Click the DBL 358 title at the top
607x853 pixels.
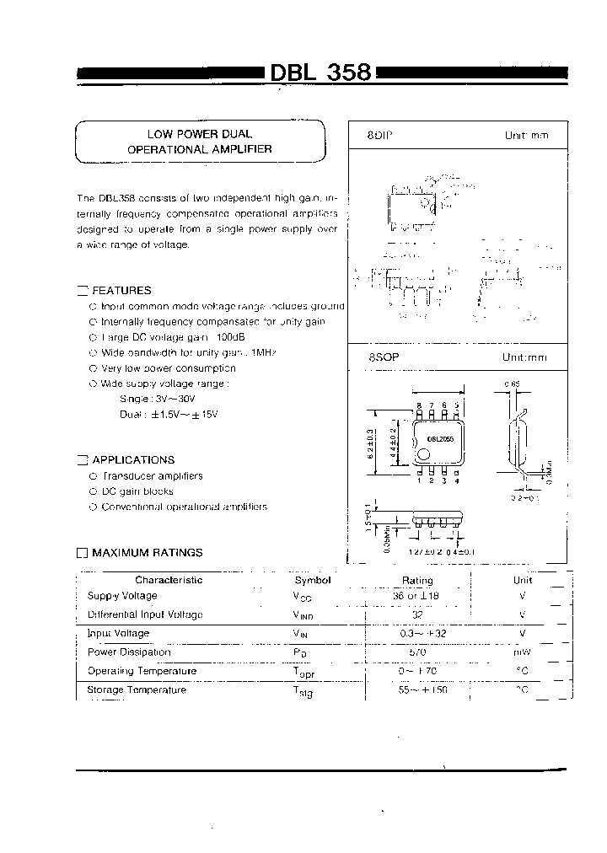pos(320,72)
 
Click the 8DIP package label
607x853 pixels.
pos(380,135)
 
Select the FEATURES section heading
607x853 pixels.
pos(121,290)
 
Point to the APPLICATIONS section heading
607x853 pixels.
pos(133,460)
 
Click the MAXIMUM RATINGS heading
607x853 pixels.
pos(147,553)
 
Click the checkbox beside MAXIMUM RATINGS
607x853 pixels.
pos(82,553)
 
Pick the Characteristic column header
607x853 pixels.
pos(169,580)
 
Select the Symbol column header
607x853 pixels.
pos(313,580)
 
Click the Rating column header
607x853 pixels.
pos(417,580)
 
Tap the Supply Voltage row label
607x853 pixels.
pos(122,596)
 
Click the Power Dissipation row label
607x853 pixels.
pos(129,652)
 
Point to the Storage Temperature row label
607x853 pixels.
pos(137,689)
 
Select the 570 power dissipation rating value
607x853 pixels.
pos(417,652)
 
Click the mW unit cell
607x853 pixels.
pos(523,652)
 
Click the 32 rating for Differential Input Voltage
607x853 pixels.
pos(417,615)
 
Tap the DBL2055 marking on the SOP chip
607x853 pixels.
pos(440,438)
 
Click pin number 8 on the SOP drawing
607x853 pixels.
pos(419,405)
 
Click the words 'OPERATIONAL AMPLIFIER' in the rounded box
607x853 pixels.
pos(200,148)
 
